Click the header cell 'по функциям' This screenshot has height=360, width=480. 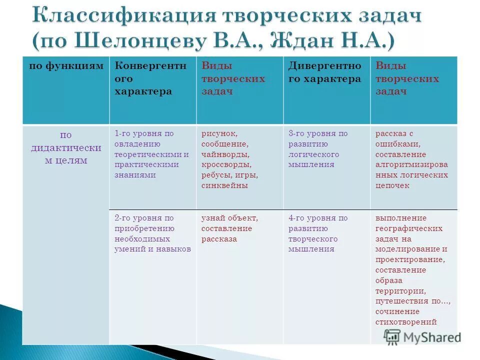tap(66, 66)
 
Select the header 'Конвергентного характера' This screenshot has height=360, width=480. tap(150, 78)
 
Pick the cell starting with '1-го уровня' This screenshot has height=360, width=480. tap(151, 154)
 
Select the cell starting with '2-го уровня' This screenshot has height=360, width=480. tap(152, 233)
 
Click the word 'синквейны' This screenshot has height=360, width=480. tap(224, 185)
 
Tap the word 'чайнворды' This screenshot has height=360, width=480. tap(225, 154)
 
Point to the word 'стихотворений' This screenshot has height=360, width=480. tap(406, 322)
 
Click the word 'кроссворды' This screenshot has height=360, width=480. tap(226, 164)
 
